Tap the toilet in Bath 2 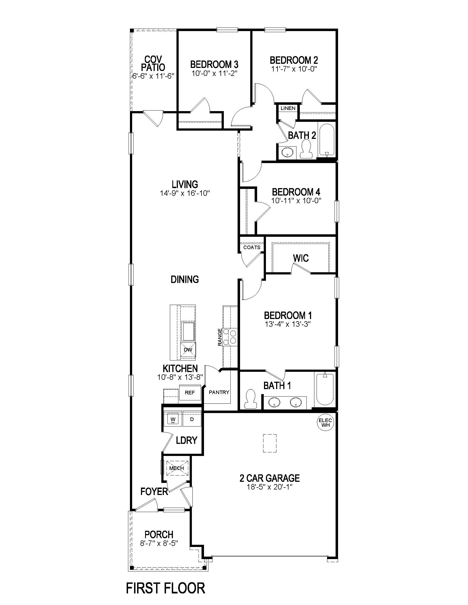[306, 149]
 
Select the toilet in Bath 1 [251, 399]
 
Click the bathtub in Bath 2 [326, 140]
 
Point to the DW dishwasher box [188, 350]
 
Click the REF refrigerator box [190, 392]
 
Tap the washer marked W [173, 419]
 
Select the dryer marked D [192, 419]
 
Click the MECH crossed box [177, 468]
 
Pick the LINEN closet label [288, 108]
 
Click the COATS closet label [252, 248]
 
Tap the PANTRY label [219, 392]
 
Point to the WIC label [301, 258]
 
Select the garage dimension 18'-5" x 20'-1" [270, 487]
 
